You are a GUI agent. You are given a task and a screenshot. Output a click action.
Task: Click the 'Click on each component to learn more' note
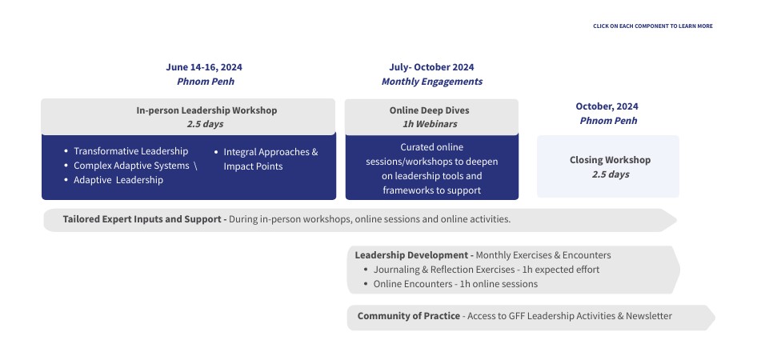coord(653,26)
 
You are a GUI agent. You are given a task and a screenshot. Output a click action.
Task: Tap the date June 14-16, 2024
coord(204,67)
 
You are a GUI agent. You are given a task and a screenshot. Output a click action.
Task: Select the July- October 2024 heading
coord(431,67)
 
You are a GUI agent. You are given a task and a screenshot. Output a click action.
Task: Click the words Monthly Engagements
coord(432,82)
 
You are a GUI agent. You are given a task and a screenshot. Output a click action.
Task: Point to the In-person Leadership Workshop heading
coord(206,110)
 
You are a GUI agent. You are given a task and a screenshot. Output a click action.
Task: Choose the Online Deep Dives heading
coord(429,110)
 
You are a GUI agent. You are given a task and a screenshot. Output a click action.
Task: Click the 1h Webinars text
coord(430,124)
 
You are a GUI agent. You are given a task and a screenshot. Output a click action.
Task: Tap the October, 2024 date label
coord(607,106)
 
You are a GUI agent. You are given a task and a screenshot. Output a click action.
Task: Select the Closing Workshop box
coord(608,166)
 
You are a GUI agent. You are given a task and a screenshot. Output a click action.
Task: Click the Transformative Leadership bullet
coord(130,151)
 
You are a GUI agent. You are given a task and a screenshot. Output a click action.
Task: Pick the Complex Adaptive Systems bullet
coord(131,166)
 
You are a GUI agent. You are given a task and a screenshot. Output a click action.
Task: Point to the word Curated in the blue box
coord(417,147)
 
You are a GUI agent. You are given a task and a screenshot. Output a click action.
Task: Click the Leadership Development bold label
coord(415,255)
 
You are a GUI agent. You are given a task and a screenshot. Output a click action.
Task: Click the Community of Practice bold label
coord(408,316)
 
